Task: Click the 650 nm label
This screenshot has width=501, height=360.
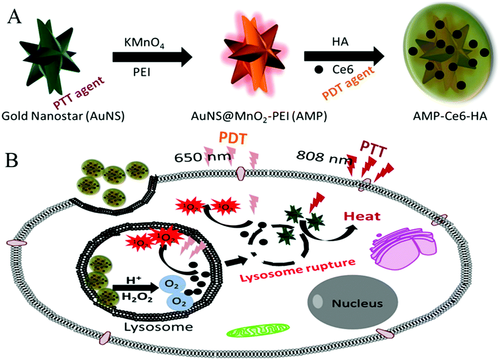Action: [x=194, y=155]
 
